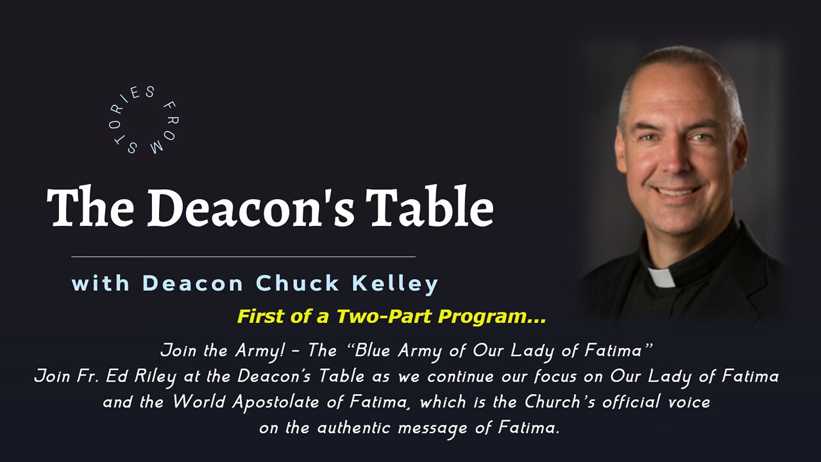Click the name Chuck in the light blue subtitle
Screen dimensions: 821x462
[x=297, y=283]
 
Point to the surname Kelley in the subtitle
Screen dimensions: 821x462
[x=395, y=284]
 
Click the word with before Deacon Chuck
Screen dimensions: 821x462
[x=101, y=283]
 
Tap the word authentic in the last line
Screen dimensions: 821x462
[x=353, y=428]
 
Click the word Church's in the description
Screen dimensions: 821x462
[x=559, y=402]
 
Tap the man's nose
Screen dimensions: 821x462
[x=673, y=161]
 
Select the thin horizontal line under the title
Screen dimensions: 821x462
[x=243, y=257]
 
